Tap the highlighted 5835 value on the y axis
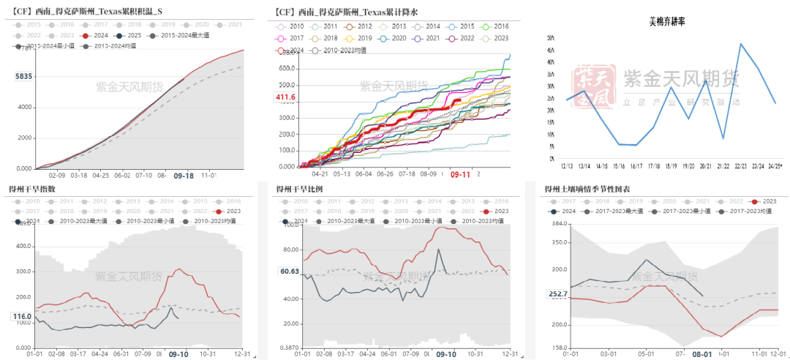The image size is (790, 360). point(23,76)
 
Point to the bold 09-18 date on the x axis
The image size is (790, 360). point(183,176)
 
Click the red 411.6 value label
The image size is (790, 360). point(285,97)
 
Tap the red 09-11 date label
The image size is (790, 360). point(460,175)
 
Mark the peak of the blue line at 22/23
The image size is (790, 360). point(741,44)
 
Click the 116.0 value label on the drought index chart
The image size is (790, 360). point(22,316)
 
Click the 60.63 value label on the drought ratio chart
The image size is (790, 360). point(290,271)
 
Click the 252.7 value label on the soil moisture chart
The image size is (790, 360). point(557,294)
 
